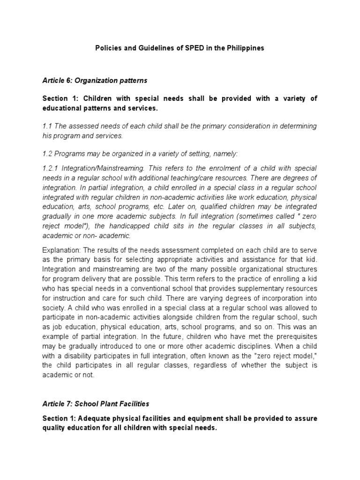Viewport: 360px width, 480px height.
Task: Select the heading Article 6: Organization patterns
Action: (95, 81)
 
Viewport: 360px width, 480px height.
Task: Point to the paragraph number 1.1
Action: (48, 127)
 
